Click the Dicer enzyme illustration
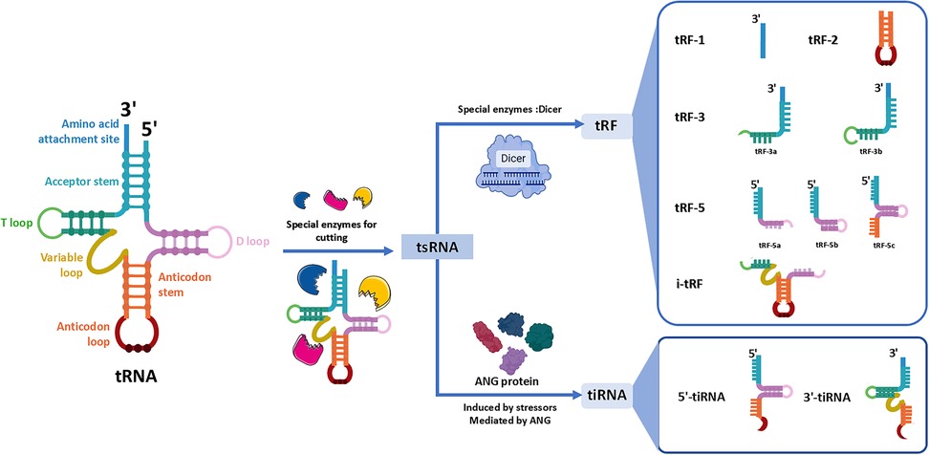pyautogui.click(x=513, y=169)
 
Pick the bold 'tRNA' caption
pyautogui.click(x=137, y=375)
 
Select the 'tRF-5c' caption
pyautogui.click(x=880, y=244)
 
